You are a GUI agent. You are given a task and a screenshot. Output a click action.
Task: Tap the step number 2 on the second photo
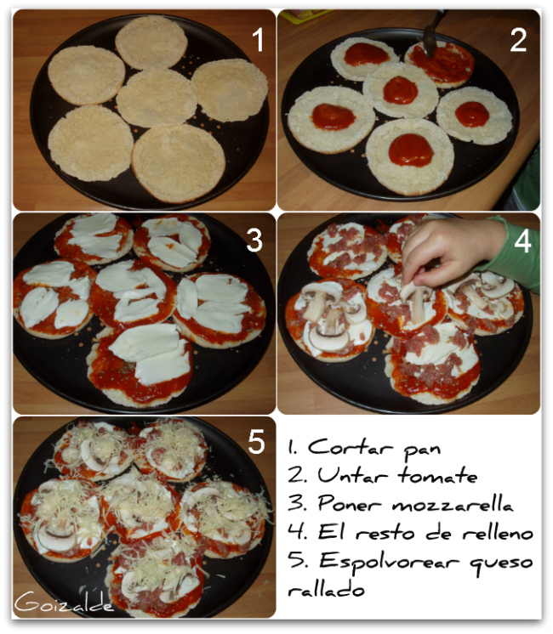[x=518, y=40]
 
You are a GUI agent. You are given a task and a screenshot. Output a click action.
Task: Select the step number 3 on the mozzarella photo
[x=254, y=241]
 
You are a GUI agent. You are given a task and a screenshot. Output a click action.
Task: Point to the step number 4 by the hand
[x=522, y=241]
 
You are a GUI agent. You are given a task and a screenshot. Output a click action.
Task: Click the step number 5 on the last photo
[x=255, y=442]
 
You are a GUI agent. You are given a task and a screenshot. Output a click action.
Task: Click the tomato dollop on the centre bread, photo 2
[x=400, y=89]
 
